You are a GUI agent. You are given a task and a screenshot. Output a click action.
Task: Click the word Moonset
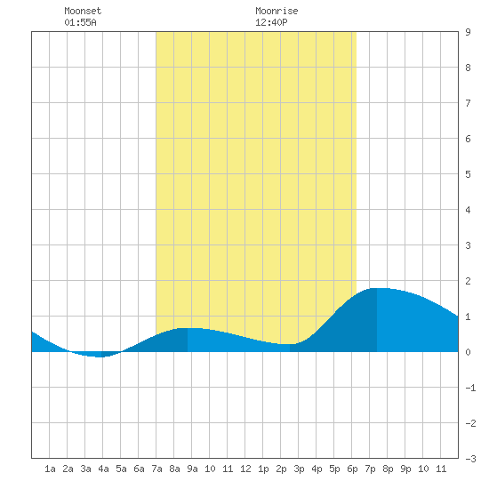click(x=83, y=11)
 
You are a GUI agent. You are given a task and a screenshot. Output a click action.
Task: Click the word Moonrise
click(x=277, y=11)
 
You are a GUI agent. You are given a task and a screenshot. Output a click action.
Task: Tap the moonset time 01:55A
click(x=80, y=22)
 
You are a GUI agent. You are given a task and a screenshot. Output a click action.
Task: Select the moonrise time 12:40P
click(x=271, y=22)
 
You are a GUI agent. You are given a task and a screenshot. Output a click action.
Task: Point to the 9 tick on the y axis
click(x=468, y=32)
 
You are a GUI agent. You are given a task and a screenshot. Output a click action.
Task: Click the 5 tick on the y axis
click(x=468, y=174)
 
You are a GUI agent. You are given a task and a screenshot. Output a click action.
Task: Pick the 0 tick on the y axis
click(x=468, y=352)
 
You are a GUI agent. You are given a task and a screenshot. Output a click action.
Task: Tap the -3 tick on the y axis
click(x=470, y=459)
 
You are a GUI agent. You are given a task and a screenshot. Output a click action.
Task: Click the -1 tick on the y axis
click(x=470, y=388)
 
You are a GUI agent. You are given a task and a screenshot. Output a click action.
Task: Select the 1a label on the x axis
click(x=50, y=469)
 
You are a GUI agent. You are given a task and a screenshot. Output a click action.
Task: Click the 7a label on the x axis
click(x=156, y=469)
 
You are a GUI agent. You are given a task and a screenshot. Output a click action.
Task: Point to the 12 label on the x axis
click(x=245, y=469)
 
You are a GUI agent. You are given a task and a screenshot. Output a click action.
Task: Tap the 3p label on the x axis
click(x=299, y=469)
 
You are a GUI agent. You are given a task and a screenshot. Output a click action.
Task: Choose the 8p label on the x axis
click(x=388, y=469)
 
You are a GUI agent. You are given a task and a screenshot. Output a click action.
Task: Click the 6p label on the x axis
click(x=352, y=469)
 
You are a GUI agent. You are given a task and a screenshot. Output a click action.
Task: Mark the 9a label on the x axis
click(x=192, y=469)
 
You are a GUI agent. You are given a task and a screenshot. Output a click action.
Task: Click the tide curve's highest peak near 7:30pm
click(x=377, y=288)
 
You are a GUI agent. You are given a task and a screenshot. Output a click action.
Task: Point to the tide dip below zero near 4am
click(x=100, y=357)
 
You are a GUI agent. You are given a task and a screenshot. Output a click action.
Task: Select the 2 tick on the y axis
click(x=468, y=281)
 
